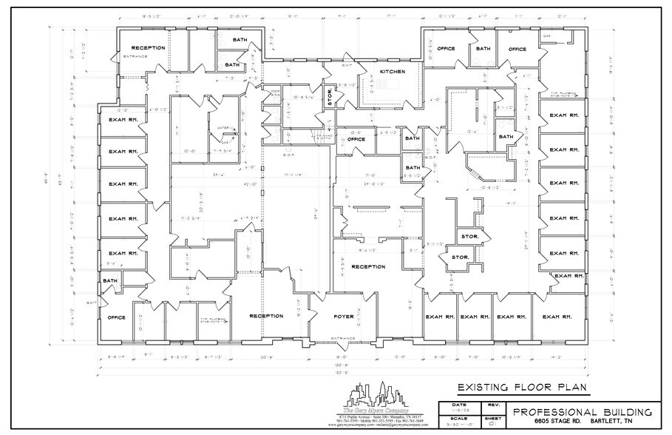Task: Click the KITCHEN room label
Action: tap(393, 71)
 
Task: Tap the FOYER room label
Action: tap(344, 317)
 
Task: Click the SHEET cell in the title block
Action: tap(492, 419)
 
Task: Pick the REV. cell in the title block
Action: tap(492, 405)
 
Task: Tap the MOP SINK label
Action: tap(275, 93)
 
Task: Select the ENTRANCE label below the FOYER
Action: tap(343, 337)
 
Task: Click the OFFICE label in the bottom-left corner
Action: tap(116, 317)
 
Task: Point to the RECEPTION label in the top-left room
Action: tap(148, 48)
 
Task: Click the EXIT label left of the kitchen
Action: tap(326, 66)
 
